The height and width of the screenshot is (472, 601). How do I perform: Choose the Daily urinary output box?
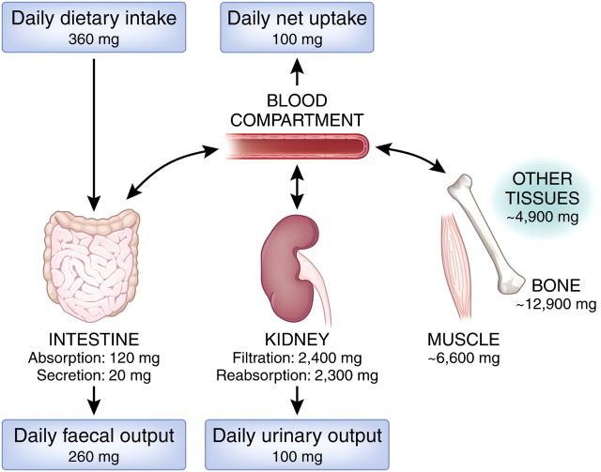pyautogui.click(x=296, y=444)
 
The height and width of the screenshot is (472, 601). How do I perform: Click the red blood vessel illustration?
pyautogui.click(x=296, y=146)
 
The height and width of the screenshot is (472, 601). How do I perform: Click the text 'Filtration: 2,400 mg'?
pyautogui.click(x=297, y=358)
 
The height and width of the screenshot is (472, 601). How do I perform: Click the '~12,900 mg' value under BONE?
pyautogui.click(x=555, y=304)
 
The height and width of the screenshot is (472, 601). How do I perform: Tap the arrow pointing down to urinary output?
pyautogui.click(x=297, y=401)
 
